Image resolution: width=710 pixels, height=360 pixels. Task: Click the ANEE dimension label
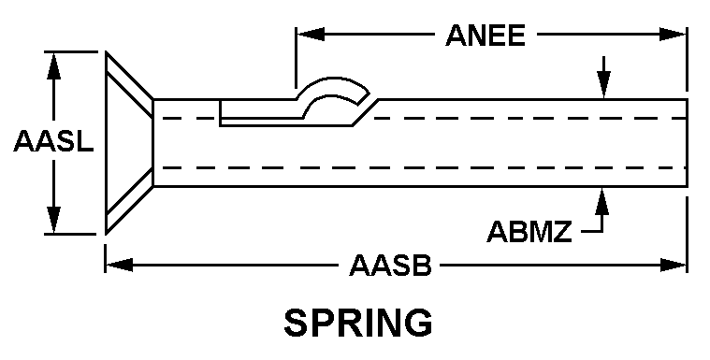click(485, 36)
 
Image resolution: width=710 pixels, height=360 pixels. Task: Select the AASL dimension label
click(53, 141)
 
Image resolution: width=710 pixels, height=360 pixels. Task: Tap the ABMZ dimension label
click(529, 231)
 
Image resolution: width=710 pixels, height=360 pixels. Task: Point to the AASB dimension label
click(390, 266)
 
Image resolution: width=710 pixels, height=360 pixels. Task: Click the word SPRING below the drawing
click(357, 323)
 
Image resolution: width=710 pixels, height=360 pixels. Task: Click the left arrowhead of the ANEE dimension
click(311, 34)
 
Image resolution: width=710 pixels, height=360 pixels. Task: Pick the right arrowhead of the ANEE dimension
click(673, 34)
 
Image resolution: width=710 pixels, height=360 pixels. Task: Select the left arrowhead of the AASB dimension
click(120, 265)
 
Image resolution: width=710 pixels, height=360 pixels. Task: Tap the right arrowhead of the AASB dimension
click(674, 265)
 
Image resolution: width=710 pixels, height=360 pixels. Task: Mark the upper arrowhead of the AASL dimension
click(54, 66)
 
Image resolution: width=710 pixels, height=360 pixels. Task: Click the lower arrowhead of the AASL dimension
click(54, 220)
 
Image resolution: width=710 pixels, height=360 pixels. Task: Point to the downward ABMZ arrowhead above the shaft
click(603, 85)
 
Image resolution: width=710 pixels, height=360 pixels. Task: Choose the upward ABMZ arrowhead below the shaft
click(601, 201)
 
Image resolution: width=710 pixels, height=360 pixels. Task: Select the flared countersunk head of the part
click(130, 143)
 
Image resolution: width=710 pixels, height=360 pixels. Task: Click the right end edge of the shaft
click(687, 143)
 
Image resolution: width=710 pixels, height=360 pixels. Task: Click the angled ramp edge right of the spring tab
click(366, 112)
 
